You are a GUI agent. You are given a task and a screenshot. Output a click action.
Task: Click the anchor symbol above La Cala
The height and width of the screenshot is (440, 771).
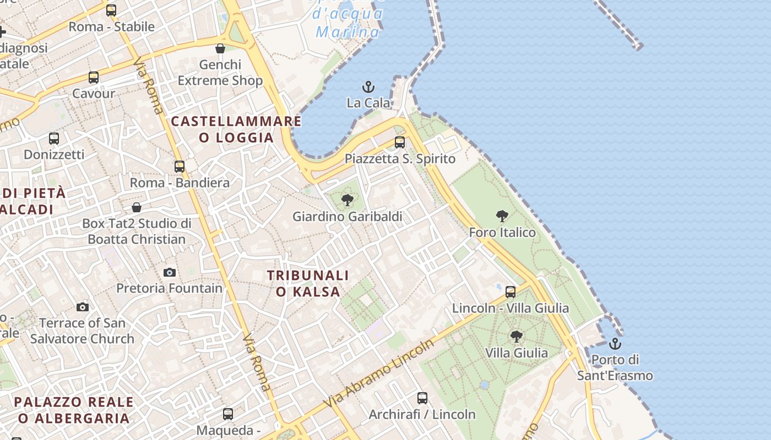pos(368,87)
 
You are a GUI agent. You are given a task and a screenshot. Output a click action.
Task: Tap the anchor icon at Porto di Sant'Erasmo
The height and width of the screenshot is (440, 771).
pos(615,344)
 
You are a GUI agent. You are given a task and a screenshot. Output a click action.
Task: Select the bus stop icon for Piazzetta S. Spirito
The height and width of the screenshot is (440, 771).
pos(400,142)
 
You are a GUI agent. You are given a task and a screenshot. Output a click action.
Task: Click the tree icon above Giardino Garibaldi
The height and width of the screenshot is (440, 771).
pos(347,200)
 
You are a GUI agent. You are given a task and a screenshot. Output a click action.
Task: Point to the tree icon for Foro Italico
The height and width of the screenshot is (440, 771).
pos(502,216)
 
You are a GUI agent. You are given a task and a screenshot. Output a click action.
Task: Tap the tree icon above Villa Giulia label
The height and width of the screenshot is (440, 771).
pos(516,336)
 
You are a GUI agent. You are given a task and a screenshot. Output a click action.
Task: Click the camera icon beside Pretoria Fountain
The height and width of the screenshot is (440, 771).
pos(170,272)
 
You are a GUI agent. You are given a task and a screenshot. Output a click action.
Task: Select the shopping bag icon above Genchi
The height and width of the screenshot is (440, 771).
pos(220,48)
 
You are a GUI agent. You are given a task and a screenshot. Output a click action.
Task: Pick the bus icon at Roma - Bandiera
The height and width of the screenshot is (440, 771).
pos(180,166)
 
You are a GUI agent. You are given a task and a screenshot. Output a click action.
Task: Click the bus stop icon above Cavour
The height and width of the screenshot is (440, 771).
pos(94,77)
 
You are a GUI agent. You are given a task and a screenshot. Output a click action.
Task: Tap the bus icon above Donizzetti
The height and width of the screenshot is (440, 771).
pos(54,138)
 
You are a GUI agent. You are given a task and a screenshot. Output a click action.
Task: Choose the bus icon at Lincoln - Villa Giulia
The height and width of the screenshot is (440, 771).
pos(511,291)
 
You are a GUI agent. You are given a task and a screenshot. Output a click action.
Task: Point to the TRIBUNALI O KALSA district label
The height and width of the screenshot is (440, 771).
pos(308,283)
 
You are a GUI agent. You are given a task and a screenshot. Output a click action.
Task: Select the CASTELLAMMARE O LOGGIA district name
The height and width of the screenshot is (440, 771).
pos(236,129)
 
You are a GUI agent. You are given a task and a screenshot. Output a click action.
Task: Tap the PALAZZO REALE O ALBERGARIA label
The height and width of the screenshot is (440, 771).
pos(74,410)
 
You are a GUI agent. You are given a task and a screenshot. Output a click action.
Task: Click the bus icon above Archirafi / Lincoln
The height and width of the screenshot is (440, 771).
pos(422,398)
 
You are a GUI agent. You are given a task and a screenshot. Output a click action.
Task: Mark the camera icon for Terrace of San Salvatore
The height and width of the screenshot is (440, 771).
pos(83,307)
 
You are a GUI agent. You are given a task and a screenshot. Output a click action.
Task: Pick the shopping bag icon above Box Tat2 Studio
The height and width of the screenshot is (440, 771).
pos(137,207)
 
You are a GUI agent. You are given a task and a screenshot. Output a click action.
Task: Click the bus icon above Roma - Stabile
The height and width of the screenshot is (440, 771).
pos(111,10)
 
